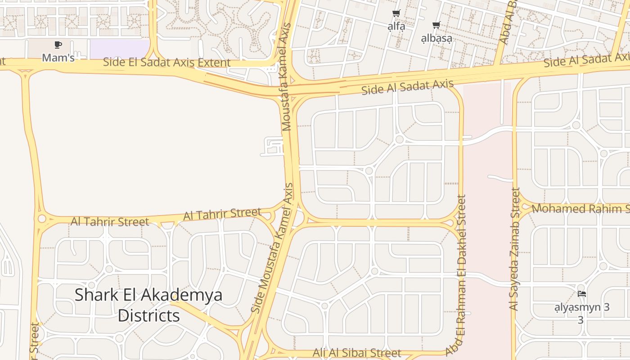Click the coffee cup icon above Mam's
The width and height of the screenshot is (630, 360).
tap(58, 45)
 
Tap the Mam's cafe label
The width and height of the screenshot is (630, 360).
tap(58, 58)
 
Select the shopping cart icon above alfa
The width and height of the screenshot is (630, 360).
tap(396, 13)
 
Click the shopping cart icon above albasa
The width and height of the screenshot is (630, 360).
tap(436, 25)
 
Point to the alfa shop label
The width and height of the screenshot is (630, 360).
tap(396, 26)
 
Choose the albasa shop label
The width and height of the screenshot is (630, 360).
tap(436, 38)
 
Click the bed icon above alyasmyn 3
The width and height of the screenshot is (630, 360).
tap(581, 294)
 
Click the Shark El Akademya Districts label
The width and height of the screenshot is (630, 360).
tap(148, 305)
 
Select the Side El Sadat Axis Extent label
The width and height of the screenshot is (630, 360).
tap(166, 62)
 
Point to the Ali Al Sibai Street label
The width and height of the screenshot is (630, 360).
tap(356, 352)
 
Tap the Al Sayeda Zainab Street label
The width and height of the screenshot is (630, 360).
tap(514, 249)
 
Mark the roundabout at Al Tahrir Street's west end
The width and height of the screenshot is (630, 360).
tap(42, 219)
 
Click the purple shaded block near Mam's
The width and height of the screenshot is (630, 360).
tap(119, 49)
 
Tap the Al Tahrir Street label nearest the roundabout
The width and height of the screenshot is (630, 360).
tap(109, 221)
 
